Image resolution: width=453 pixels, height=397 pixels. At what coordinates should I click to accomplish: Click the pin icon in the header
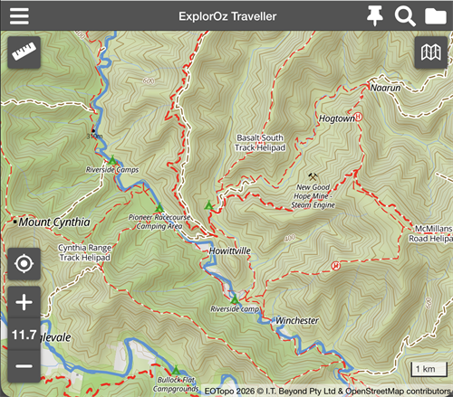(x=375, y=15)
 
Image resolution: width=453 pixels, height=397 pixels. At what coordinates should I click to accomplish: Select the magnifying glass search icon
(x=405, y=15)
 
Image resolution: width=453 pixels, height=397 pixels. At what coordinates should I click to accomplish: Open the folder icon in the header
(x=435, y=15)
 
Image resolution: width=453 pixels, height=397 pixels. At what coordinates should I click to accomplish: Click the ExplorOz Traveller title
(x=226, y=15)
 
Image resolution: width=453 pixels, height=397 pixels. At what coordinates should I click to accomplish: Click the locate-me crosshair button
(x=24, y=265)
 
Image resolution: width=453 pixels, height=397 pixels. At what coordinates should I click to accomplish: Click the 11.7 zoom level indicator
(x=24, y=335)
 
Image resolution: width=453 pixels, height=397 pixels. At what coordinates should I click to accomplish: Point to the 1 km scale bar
(x=423, y=369)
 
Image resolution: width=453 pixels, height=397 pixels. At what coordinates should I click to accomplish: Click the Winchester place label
(x=297, y=321)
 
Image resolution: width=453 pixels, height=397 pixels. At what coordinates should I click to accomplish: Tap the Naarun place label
(x=385, y=88)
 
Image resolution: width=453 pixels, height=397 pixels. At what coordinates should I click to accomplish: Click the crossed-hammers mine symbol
(x=313, y=176)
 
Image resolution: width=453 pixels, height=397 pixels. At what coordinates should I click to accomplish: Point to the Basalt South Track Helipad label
(x=260, y=143)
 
